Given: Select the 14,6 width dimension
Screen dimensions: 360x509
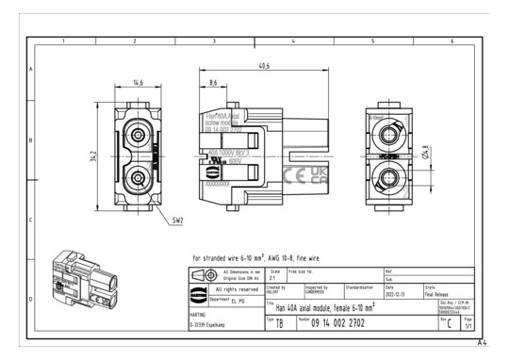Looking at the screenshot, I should (x=139, y=83).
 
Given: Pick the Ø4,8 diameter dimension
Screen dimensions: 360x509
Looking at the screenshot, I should (x=425, y=153).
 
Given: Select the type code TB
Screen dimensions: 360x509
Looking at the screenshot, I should (x=279, y=322).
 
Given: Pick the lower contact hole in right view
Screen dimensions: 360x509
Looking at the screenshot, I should (x=388, y=176).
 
